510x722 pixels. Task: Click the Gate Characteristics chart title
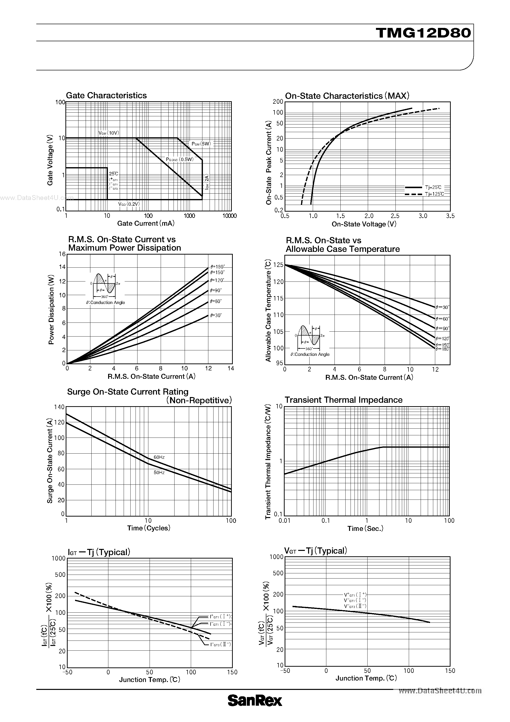click(x=106, y=95)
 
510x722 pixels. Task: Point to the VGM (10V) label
click(x=109, y=133)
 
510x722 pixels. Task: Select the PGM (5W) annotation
click(x=201, y=144)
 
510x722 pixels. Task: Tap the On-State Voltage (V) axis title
click(x=364, y=224)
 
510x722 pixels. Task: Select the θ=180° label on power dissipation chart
click(x=217, y=267)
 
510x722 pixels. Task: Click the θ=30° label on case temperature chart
click(x=442, y=307)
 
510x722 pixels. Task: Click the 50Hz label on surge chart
click(x=159, y=472)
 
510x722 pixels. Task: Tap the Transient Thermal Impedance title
click(x=343, y=400)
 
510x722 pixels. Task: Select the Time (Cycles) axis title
click(x=148, y=528)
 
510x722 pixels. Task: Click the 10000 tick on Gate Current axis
click(x=229, y=216)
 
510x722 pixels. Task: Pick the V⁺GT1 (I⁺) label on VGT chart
click(x=355, y=595)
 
